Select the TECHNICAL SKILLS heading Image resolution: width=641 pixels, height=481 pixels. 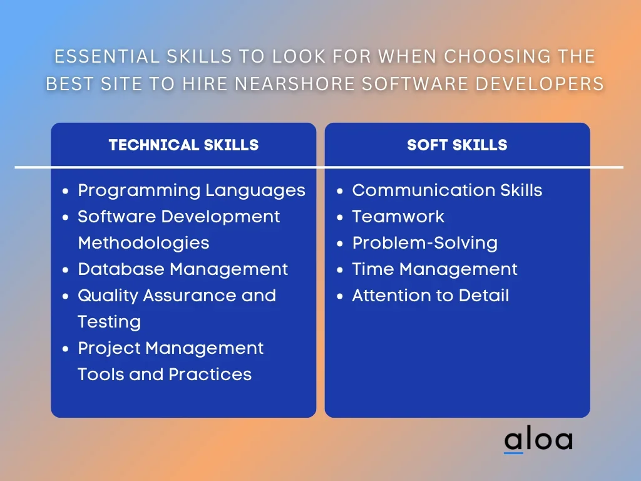(183, 145)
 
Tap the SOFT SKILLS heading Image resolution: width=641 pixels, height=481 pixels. (457, 145)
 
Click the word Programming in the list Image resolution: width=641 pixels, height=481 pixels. (139, 191)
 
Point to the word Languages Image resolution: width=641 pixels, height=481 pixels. (255, 191)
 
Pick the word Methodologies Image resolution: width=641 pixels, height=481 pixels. (143, 243)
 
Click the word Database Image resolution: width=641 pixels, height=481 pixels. (121, 269)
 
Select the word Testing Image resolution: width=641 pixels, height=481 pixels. (109, 323)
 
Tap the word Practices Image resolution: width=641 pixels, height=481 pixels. (210, 375)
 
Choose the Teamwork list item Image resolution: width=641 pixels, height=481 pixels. (398, 217)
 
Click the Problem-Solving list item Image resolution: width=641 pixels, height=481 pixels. (425, 244)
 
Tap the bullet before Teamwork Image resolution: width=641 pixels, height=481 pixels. (340, 217)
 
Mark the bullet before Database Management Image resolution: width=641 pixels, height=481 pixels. (65, 271)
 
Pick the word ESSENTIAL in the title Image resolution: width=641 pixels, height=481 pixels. (107, 56)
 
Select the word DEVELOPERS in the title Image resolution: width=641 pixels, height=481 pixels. (540, 84)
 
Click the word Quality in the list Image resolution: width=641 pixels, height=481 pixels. (108, 296)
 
